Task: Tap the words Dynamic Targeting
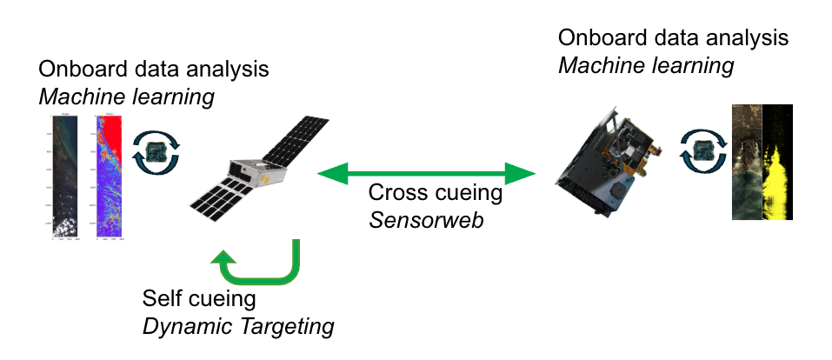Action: pos(237,327)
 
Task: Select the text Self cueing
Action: pos(199,300)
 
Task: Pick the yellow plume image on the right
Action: pos(779,162)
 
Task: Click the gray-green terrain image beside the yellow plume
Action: pos(746,162)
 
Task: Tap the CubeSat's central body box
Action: pos(250,173)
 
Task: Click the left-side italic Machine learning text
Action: pos(126,97)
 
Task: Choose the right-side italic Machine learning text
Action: pos(646,66)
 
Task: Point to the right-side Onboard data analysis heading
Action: pos(674,38)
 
